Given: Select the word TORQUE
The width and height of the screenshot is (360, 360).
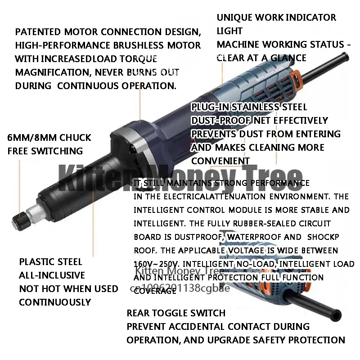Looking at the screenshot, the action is pyautogui.click(x=140, y=59).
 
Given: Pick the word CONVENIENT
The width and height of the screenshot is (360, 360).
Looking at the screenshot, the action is pyautogui.click(x=220, y=161).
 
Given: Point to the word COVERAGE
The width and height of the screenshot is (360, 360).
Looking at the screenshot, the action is pyautogui.click(x=154, y=291).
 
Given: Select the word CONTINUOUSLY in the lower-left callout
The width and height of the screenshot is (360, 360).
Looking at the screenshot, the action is pyautogui.click(x=55, y=302).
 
